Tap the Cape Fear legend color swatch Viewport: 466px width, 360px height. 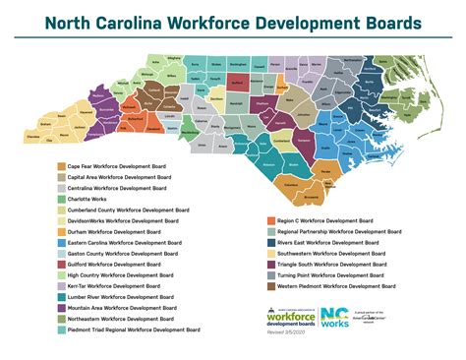tap(61, 167)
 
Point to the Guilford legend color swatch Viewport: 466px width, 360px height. tap(61, 265)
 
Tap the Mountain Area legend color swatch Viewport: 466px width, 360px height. tap(61, 308)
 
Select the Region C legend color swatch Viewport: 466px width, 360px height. tap(269, 220)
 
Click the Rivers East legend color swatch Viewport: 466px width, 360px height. tap(269, 242)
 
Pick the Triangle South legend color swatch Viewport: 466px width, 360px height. tap(269, 265)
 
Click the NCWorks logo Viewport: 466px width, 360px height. tap(328, 317)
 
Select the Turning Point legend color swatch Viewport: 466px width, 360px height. tap(269, 275)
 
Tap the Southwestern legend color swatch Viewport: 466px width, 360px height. tap(269, 254)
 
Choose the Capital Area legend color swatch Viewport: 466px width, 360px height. tap(61, 178)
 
